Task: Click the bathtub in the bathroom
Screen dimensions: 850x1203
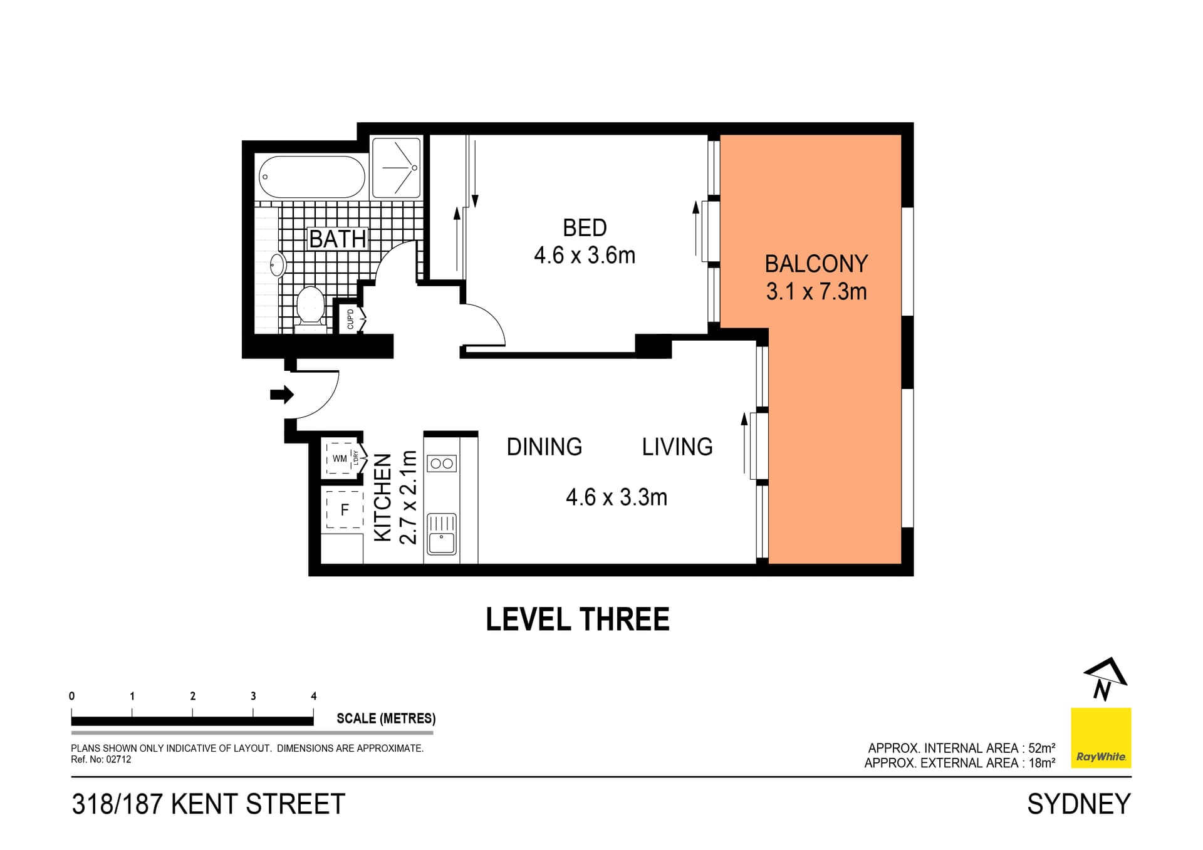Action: click(x=311, y=177)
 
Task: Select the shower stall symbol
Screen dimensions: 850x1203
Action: click(x=396, y=168)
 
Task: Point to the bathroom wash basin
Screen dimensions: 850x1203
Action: click(x=277, y=265)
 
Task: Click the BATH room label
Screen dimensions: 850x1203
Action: click(x=337, y=239)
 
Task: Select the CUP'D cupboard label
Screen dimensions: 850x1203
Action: click(x=350, y=319)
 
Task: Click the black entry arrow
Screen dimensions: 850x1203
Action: click(x=281, y=394)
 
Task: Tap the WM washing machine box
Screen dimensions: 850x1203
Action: click(x=340, y=459)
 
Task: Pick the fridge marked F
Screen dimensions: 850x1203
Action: click(x=344, y=510)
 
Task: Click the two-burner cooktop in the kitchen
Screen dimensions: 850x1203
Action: click(x=442, y=464)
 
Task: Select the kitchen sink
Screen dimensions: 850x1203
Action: click(x=442, y=534)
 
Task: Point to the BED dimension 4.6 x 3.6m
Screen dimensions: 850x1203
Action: click(x=584, y=256)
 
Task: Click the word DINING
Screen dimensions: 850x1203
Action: click(x=544, y=447)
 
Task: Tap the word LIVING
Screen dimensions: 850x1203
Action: click(x=677, y=447)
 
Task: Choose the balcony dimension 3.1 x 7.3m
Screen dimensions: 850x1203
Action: click(x=816, y=292)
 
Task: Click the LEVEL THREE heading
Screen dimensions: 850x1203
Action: click(x=577, y=619)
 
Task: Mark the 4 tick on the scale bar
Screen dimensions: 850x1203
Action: click(x=313, y=712)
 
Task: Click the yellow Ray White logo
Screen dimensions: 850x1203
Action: click(x=1100, y=737)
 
